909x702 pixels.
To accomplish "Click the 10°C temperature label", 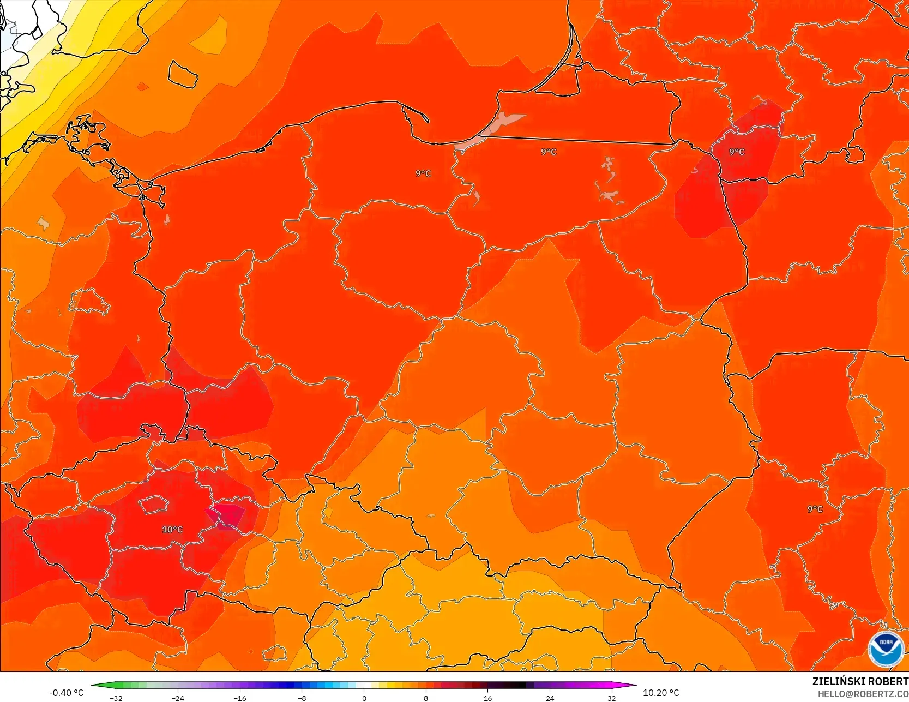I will pyautogui.click(x=172, y=530).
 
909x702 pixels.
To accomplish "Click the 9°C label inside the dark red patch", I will pyautogui.click(x=737, y=152).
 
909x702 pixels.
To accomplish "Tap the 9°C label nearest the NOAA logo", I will pyautogui.click(x=815, y=509).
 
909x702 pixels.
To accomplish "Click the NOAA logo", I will pyautogui.click(x=886, y=649).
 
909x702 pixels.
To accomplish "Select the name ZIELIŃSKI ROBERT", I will pyautogui.click(x=860, y=681).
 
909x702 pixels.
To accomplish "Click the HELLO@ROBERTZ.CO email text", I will pyautogui.click(x=863, y=694).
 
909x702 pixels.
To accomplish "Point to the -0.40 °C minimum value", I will pyautogui.click(x=66, y=693).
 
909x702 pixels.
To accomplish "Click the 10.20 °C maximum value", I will pyautogui.click(x=661, y=693).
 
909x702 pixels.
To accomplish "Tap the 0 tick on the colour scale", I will pyautogui.click(x=364, y=698).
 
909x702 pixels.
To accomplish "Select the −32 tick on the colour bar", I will pyautogui.click(x=116, y=698).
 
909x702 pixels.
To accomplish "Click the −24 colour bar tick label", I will pyautogui.click(x=178, y=698).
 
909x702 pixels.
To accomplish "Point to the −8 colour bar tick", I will pyautogui.click(x=302, y=698).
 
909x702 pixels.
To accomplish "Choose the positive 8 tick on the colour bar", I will pyautogui.click(x=426, y=698).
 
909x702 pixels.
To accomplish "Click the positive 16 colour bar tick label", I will pyautogui.click(x=487, y=698).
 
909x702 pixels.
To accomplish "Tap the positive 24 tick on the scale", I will pyautogui.click(x=550, y=698).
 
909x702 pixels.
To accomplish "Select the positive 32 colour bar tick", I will pyautogui.click(x=611, y=698).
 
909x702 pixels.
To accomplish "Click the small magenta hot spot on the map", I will pyautogui.click(x=228, y=515).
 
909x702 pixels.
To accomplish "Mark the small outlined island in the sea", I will pyautogui.click(x=182, y=74).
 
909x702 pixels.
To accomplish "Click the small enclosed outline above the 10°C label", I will pyautogui.click(x=154, y=504).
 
